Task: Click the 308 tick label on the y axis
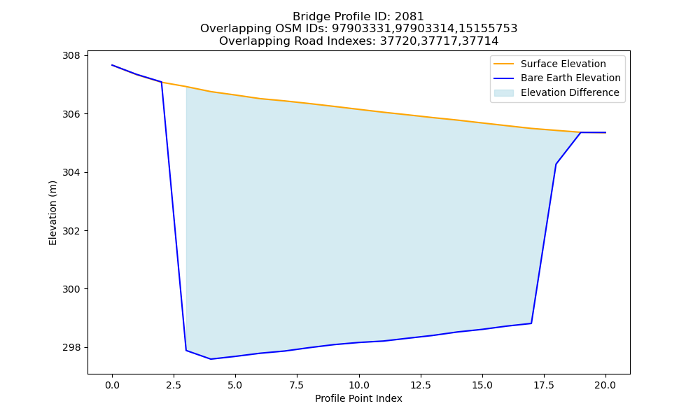[71, 56]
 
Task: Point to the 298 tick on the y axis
[86, 347]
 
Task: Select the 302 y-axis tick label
[71, 231]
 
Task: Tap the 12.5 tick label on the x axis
[420, 385]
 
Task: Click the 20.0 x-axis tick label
[605, 385]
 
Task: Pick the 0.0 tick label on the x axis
[112, 385]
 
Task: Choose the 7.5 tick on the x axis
[297, 376]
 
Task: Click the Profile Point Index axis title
[358, 398]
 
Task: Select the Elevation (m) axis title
[52, 213]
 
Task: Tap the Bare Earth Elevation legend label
[570, 78]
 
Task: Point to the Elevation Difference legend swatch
[503, 92]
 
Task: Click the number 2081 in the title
[409, 17]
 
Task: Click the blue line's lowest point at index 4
[211, 359]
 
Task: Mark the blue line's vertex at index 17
[531, 323]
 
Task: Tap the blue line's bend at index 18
[556, 164]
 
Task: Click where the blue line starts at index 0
[112, 65]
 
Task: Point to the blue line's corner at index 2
[161, 82]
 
